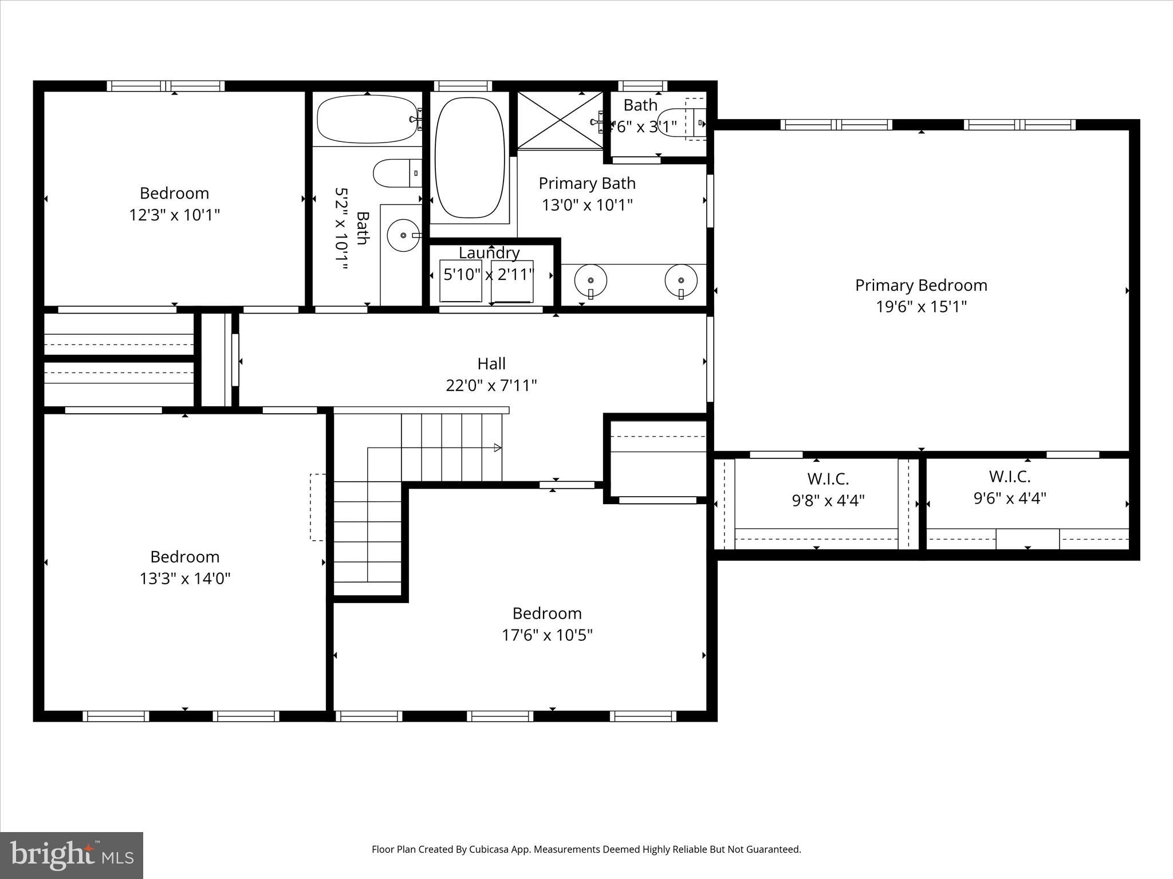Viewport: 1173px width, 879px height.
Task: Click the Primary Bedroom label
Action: coord(921,285)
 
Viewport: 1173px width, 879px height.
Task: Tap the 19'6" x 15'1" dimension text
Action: coord(921,307)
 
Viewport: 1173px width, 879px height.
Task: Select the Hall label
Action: coord(491,363)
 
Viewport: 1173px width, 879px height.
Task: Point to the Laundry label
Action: coord(489,252)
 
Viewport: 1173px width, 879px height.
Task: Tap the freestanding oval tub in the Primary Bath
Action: coord(470,158)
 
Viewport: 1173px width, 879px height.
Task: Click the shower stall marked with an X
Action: coord(560,120)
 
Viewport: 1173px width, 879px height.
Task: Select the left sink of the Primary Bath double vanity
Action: coord(591,280)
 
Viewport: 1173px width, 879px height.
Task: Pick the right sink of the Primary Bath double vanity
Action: coord(681,280)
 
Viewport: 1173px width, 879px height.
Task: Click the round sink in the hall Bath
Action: coord(403,235)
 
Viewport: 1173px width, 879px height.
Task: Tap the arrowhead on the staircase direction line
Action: coord(498,448)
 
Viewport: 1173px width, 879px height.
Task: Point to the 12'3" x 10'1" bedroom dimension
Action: coord(174,215)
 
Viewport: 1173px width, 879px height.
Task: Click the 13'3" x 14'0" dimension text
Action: coord(184,579)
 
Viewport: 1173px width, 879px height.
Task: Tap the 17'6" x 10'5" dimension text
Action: coord(547,635)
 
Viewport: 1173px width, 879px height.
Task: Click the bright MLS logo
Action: coord(72,855)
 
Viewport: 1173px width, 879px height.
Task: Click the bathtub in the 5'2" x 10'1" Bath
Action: coord(367,119)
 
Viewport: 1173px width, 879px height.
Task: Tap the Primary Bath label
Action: coord(587,183)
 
